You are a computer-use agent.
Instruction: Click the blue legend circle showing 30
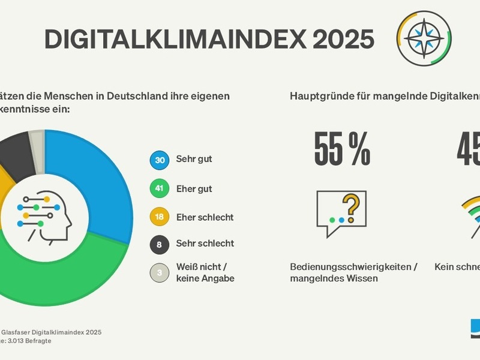(159, 160)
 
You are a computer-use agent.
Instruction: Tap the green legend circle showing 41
(159, 190)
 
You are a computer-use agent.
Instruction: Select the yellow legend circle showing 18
(159, 217)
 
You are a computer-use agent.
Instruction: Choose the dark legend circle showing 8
(159, 244)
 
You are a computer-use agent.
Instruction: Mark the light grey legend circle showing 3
(159, 273)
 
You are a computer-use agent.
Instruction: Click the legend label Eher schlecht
(205, 217)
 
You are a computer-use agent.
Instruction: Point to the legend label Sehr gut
(194, 160)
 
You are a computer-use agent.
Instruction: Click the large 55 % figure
(342, 150)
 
